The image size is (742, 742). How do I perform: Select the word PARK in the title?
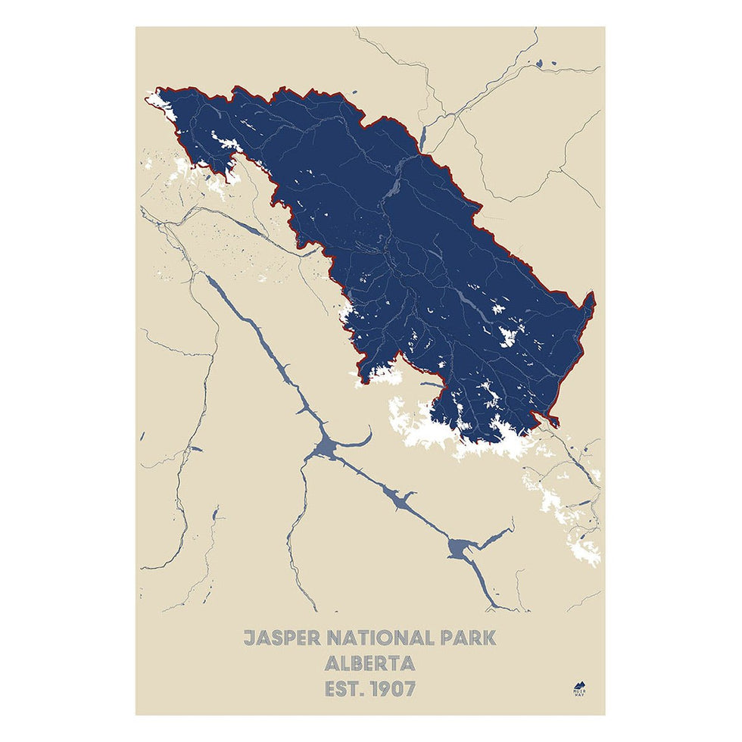468,638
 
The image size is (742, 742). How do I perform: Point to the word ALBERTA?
369,664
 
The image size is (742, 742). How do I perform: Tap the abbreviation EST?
343,690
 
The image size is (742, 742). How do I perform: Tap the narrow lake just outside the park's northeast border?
423,136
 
